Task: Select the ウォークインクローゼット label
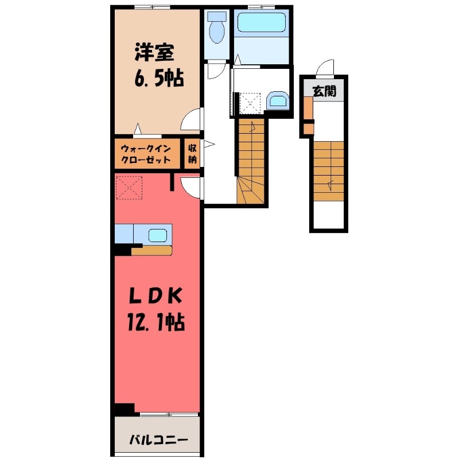[146, 154]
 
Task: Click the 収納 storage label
[192, 153]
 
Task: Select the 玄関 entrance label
[324, 91]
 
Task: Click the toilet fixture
[216, 30]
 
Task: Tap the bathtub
[261, 24]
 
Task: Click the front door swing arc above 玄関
[325, 68]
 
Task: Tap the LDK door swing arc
[192, 187]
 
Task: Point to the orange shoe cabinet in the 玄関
[308, 109]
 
